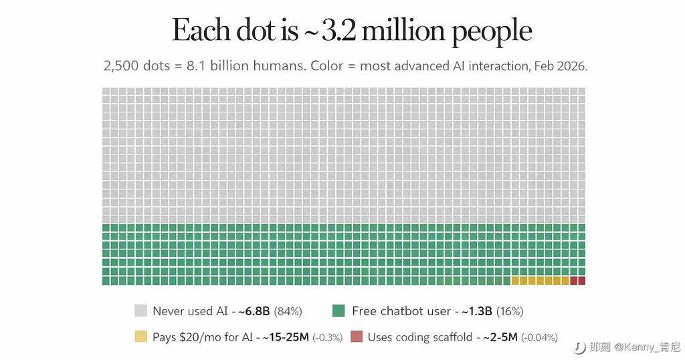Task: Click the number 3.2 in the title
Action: pos(340,31)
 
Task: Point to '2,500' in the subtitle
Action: pos(120,66)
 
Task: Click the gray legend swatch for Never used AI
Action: pos(140,310)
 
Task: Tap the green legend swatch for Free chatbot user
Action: pos(338,310)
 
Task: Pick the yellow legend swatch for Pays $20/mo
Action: pos(140,337)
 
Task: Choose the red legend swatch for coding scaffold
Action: pos(356,337)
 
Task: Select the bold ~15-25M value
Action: pos(284,337)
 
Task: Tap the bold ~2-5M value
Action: pos(501,337)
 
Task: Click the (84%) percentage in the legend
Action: pos(288,311)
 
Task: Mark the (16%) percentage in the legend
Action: pos(509,311)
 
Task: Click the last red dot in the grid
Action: pos(581,280)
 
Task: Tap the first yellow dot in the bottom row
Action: pos(515,280)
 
